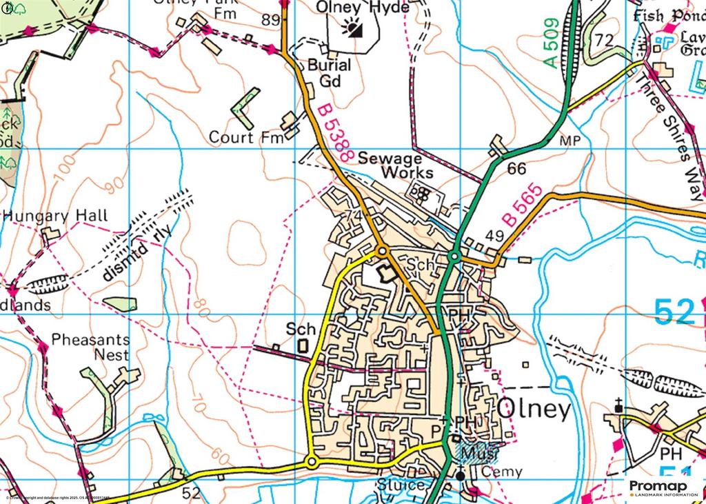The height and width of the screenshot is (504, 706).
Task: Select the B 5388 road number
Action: [x=336, y=132]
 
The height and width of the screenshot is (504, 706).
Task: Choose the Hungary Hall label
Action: [x=56, y=216]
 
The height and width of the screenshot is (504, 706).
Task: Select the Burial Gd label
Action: [x=329, y=72]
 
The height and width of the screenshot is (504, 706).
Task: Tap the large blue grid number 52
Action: [x=674, y=312]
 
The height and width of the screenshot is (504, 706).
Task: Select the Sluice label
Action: [x=401, y=485]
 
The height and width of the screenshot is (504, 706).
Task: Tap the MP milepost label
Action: [x=572, y=141]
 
